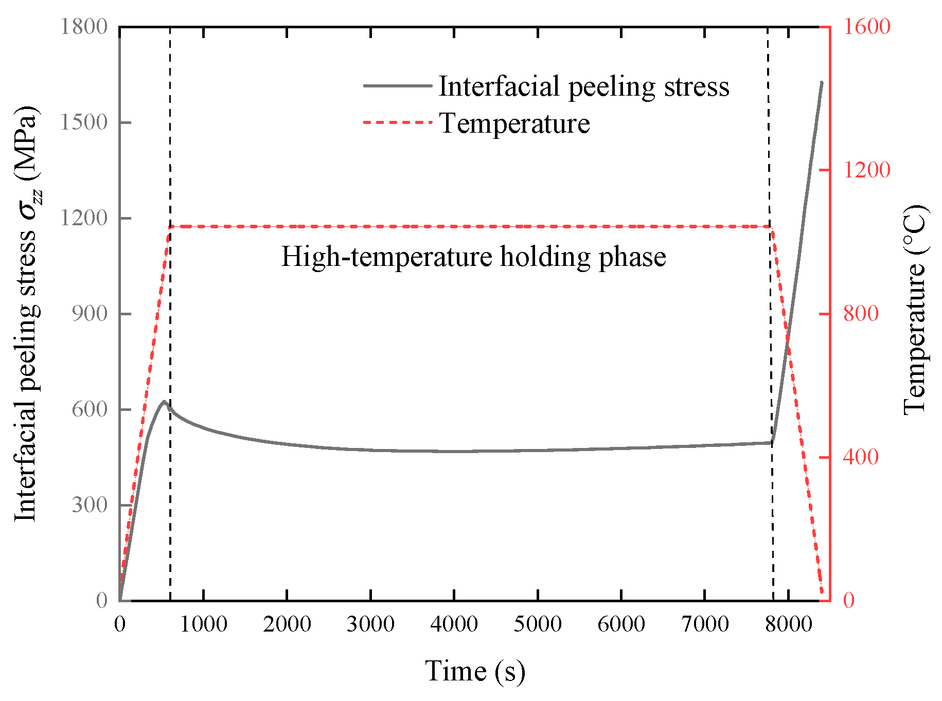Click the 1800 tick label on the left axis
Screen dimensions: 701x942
[84, 27]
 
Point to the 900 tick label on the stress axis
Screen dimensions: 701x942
[90, 314]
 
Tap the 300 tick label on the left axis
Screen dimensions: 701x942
[90, 505]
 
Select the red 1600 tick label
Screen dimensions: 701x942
[866, 27]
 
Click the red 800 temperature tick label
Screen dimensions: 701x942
[861, 314]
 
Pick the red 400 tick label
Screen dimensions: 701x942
[861, 457]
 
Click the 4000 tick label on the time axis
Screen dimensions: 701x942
[454, 624]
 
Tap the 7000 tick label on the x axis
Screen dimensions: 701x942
[705, 624]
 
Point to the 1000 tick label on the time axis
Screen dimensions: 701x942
[204, 624]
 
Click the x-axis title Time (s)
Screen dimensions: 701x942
[475, 671]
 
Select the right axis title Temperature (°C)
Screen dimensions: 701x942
[915, 310]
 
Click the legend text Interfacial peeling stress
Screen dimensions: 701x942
[584, 86]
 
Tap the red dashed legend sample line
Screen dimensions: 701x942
[397, 122]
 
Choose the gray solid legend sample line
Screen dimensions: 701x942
[397, 85]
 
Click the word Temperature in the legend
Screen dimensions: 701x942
[514, 123]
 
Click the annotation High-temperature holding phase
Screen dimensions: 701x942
[473, 257]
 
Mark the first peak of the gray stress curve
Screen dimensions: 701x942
[164, 402]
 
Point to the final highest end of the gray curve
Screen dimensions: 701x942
[822, 82]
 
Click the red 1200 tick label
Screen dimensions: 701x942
[866, 170]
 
